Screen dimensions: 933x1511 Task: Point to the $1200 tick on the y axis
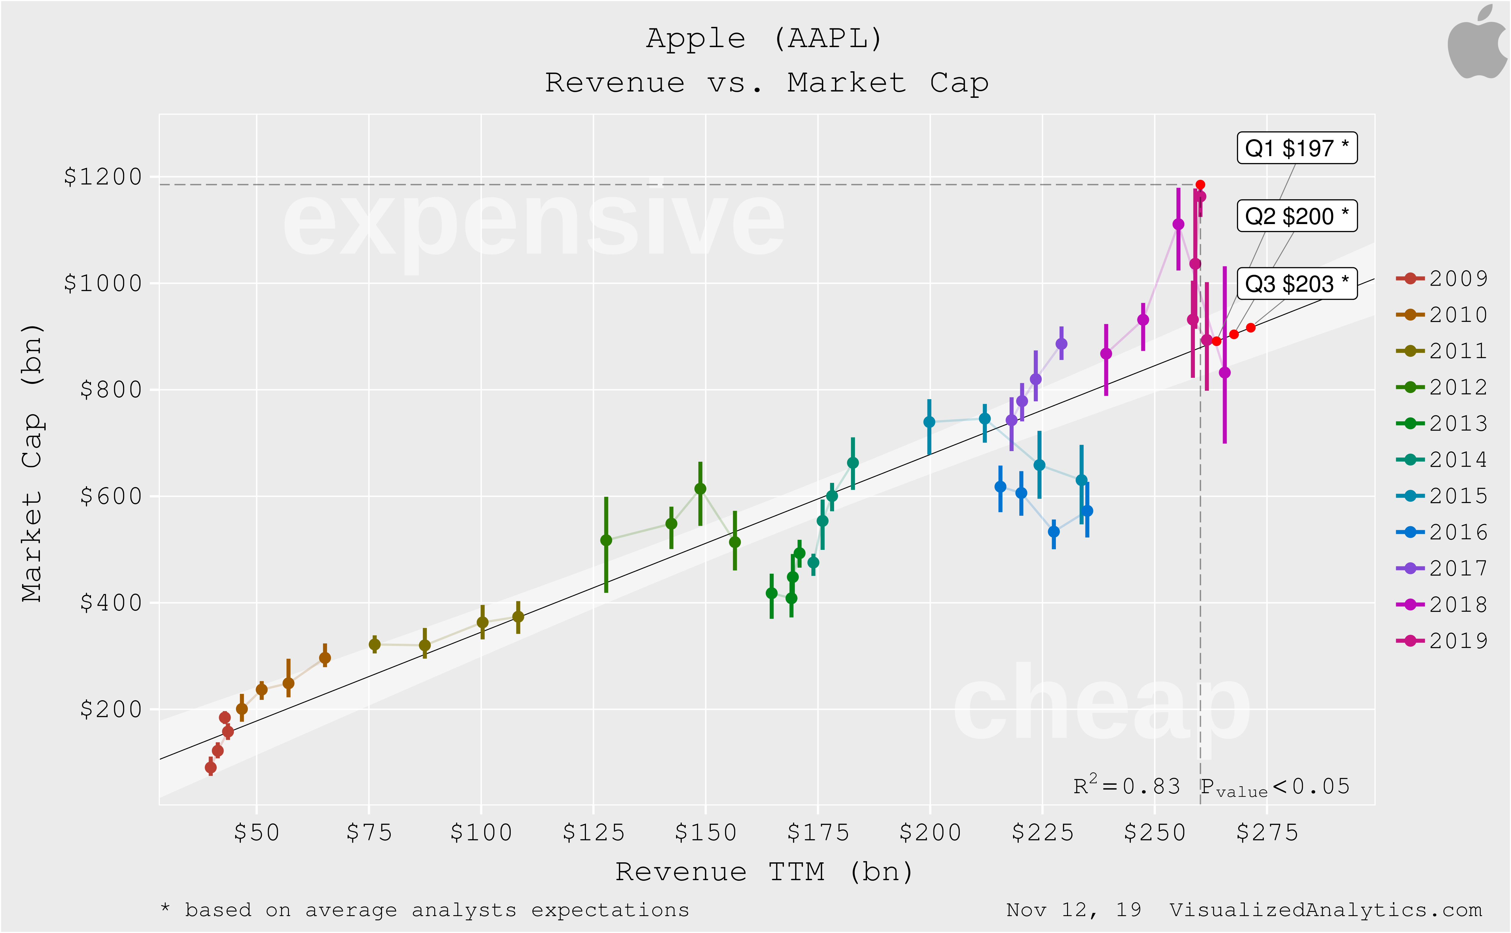103,177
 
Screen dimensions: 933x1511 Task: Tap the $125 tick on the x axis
594,833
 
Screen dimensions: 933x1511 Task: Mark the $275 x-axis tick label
1267,833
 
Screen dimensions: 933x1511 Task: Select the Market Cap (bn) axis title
32,463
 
